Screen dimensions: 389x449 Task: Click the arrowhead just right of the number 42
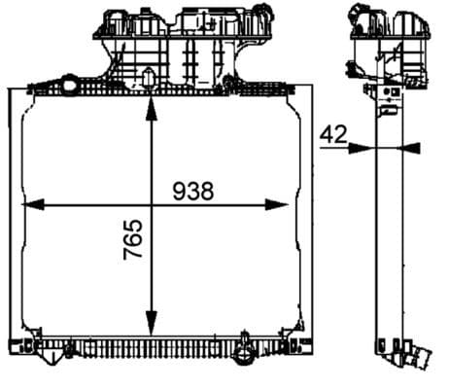(x=359, y=149)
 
